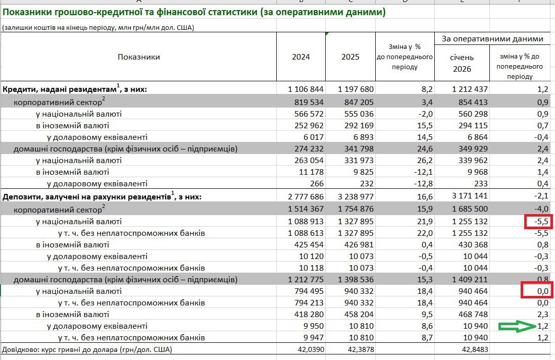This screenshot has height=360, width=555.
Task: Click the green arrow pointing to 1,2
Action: pos(517,326)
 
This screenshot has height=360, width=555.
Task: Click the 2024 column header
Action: pos(301,57)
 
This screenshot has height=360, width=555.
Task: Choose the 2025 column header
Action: pos(350,57)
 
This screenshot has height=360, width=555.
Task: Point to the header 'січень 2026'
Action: pos(462,63)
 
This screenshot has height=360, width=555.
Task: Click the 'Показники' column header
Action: pos(139,57)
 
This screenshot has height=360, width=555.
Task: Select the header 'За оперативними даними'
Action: pos(492,39)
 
